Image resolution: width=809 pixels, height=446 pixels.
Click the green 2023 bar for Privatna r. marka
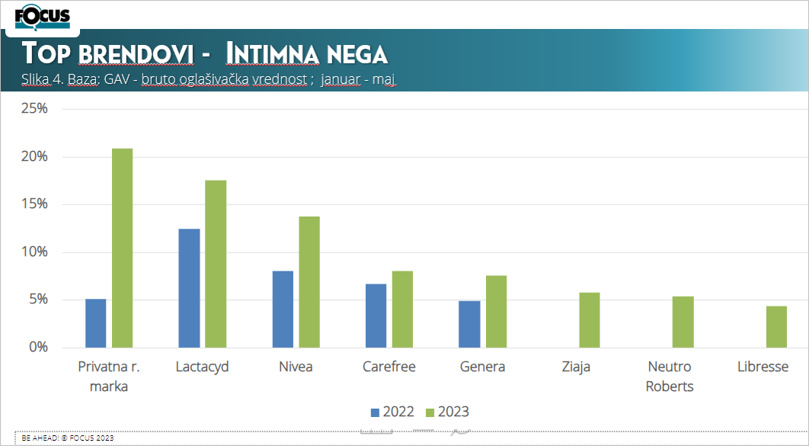pos(122,248)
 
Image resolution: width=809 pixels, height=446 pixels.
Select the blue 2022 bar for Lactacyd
pos(189,288)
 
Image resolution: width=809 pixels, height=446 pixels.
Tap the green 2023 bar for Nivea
pos(309,282)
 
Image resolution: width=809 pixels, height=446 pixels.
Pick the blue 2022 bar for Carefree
pos(376,316)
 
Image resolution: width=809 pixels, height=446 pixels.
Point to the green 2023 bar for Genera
pos(496,311)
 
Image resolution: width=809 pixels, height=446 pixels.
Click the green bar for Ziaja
pos(590,320)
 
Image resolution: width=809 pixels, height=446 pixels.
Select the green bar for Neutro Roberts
pos(683,322)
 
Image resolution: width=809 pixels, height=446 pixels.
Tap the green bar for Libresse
pos(776,326)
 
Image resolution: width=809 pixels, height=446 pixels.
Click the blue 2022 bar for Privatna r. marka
pos(95,323)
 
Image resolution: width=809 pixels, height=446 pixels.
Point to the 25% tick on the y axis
pos(34,109)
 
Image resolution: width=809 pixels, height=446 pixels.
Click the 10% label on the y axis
pos(34,252)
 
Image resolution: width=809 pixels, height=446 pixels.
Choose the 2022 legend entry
pos(392,412)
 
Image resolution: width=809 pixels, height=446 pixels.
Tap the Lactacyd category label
pos(202,367)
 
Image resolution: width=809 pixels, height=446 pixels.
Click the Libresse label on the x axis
pos(763,367)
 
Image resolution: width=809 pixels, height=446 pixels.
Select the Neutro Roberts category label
pos(670,377)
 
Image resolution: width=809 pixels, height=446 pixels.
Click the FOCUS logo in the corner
pos(42,16)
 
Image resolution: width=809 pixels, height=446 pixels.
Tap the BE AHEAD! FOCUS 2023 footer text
pos(68,438)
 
